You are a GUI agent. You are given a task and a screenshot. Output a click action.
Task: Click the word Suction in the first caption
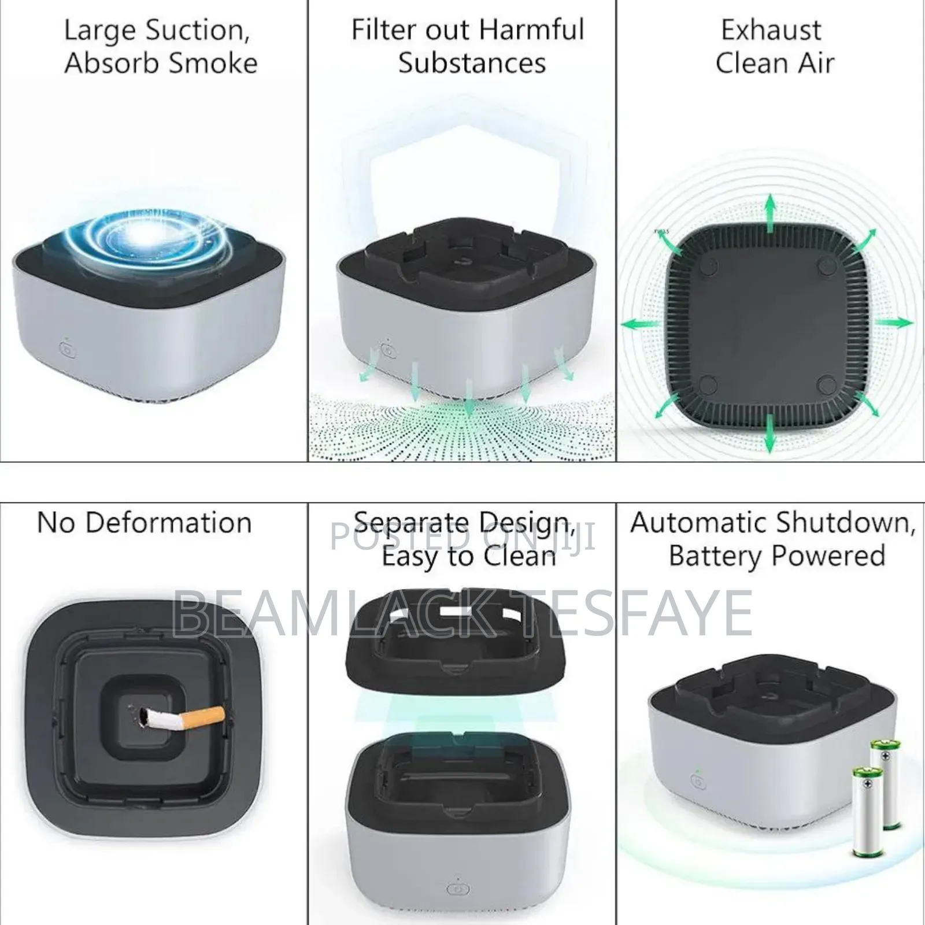[197, 31]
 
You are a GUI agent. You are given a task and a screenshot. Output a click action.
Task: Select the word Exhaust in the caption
[771, 31]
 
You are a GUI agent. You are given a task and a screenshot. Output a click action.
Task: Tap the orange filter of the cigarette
[202, 716]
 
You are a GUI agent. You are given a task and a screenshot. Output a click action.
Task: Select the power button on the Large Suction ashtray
[67, 350]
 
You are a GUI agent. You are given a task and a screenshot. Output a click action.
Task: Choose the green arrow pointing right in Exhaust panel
[894, 322]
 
